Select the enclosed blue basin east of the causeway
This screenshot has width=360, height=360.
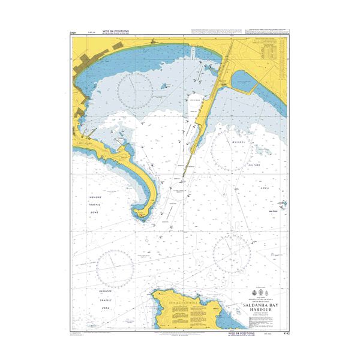(246, 80)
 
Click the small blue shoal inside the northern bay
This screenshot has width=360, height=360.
(162, 86)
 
